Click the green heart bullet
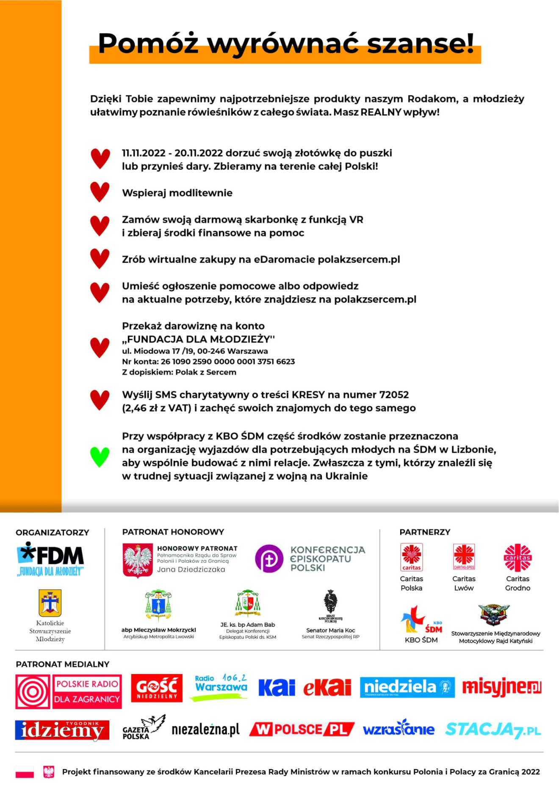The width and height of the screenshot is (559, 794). (x=100, y=457)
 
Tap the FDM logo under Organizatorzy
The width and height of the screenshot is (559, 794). (x=50, y=559)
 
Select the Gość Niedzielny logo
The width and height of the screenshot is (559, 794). (x=156, y=688)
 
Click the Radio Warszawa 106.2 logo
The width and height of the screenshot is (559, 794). (x=221, y=687)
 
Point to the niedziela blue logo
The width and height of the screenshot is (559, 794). (x=407, y=687)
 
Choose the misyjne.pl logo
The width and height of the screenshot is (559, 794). (x=501, y=687)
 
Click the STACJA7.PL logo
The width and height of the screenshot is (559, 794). (x=493, y=730)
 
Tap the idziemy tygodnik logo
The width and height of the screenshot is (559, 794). (x=62, y=730)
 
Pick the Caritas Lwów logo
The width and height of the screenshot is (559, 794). (x=464, y=557)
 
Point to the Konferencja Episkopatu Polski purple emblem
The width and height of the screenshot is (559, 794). (x=268, y=558)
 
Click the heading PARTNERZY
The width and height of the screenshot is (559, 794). (x=425, y=532)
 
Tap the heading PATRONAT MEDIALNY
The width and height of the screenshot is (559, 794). (x=63, y=664)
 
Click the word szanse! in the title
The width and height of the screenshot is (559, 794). (x=420, y=43)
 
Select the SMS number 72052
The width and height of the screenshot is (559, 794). (x=394, y=395)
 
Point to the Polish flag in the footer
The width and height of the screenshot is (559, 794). (x=25, y=772)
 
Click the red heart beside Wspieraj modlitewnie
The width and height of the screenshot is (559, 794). (x=100, y=192)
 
